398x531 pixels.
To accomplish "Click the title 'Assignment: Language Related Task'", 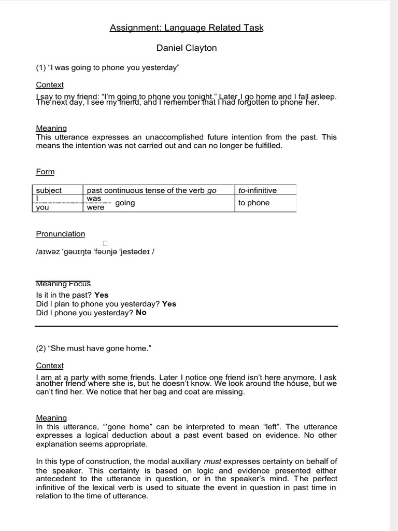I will coord(187,28).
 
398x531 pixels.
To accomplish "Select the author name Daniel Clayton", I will coord(187,48).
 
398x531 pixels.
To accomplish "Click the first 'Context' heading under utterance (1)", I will coord(50,85).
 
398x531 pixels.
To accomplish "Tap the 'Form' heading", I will coord(45,172).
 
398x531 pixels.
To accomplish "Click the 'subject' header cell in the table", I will coord(49,190).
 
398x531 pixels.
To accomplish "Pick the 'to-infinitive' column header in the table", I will coord(258,190).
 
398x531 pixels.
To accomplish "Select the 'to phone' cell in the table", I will coord(254,203).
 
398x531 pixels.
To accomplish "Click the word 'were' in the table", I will coord(95,207).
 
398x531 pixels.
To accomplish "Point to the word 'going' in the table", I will coord(125,203).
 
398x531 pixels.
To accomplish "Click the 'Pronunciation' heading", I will coord(60,234).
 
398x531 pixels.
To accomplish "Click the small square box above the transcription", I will coord(105,243).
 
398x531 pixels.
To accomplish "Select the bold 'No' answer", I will coord(141,313).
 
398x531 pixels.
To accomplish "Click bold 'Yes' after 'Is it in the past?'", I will coord(102,295).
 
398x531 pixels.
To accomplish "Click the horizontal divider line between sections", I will coord(187,326).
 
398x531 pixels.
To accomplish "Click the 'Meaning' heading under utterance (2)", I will coord(51,417).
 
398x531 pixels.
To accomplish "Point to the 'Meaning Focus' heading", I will coord(63,284).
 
